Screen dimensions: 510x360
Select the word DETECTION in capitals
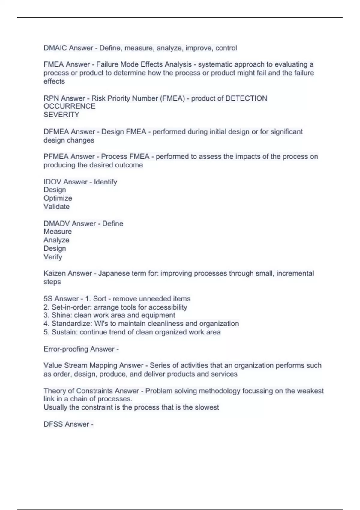click(246, 98)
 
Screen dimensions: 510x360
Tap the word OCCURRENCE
click(69, 106)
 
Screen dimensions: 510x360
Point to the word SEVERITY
click(61, 115)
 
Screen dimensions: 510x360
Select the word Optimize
click(58, 198)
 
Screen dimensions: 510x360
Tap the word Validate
click(56, 207)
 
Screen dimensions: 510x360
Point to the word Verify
click(53, 257)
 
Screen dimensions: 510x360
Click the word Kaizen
click(55, 273)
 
